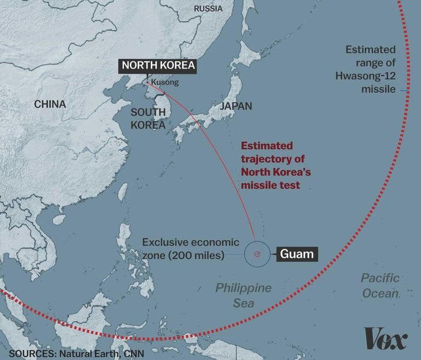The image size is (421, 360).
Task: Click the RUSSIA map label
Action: pos(207,8)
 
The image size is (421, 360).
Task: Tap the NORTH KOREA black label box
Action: pos(159,66)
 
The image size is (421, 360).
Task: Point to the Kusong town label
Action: pos(165,82)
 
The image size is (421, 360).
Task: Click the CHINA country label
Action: pos(49,104)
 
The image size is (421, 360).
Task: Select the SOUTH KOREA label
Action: pos(148,119)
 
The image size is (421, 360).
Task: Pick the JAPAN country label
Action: pos(236,106)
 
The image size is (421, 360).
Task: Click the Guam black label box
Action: pos(297,254)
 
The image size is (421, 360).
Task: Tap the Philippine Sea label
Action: pos(244,295)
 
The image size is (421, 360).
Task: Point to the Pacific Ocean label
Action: pos(380,285)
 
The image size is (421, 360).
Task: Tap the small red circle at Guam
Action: pos(257,254)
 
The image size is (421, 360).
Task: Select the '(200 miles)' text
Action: pos(198,255)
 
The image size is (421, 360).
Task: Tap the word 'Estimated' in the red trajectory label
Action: pos(267,145)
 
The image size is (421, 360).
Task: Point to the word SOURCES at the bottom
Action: pos(29,353)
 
